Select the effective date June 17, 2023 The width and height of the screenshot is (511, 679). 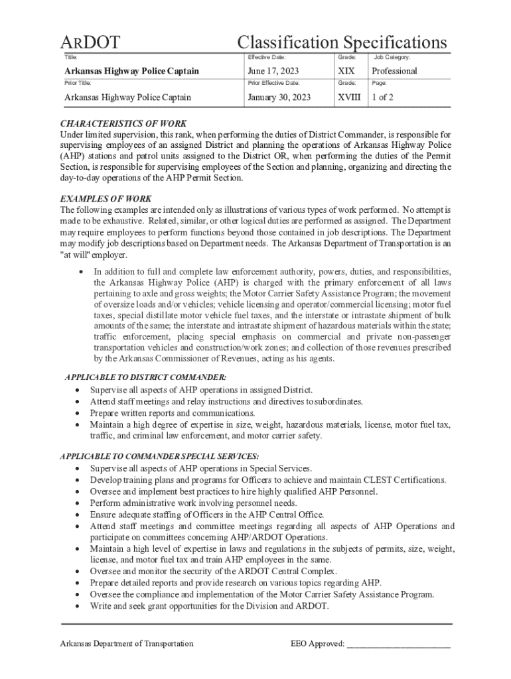pyautogui.click(x=273, y=71)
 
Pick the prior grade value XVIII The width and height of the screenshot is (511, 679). pyautogui.click(x=349, y=97)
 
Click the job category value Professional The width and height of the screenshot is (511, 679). pyautogui.click(x=394, y=71)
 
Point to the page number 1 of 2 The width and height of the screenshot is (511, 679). pyautogui.click(x=382, y=97)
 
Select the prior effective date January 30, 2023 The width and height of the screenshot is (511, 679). pyautogui.click(x=279, y=97)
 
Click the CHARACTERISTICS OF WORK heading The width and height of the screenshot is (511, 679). pyautogui.click(x=123, y=124)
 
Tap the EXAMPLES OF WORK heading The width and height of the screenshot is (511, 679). pyautogui.click(x=106, y=199)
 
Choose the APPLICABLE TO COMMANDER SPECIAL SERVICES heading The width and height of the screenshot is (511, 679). pyautogui.click(x=159, y=456)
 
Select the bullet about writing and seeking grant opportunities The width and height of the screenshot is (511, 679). pyautogui.click(x=209, y=606)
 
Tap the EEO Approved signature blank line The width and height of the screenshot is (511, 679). pyautogui.click(x=398, y=644)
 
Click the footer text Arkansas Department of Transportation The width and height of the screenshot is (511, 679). pyautogui.click(x=127, y=644)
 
